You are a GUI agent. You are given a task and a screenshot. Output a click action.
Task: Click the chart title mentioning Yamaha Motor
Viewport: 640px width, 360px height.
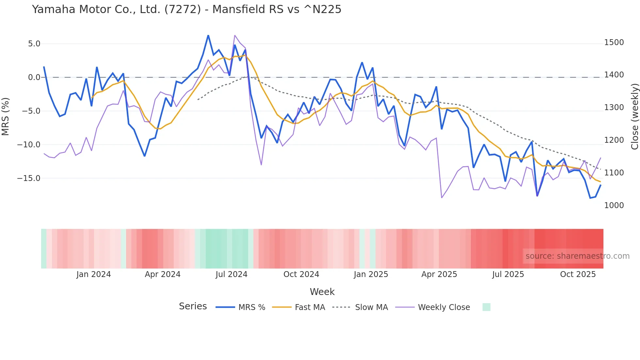[x=186, y=9]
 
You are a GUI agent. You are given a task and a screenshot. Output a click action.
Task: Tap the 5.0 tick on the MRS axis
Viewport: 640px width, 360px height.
[x=34, y=44]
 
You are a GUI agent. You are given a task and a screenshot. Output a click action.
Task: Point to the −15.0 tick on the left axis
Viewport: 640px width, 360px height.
[x=29, y=178]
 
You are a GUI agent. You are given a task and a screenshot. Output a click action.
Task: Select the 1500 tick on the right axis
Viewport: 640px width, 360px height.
[x=614, y=42]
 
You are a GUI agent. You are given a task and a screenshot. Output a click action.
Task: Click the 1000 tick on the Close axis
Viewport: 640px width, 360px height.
[x=614, y=205]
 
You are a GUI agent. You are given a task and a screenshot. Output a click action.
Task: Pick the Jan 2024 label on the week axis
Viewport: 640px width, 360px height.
[x=94, y=274]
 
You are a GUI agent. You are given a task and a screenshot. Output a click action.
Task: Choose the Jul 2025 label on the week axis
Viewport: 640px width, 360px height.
[x=508, y=274]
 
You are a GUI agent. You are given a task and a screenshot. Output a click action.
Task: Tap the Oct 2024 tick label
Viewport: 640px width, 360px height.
[x=301, y=274]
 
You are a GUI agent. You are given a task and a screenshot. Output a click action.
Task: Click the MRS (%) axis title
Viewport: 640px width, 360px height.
[x=6, y=116]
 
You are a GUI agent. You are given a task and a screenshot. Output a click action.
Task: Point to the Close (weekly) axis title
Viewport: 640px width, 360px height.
[x=634, y=116]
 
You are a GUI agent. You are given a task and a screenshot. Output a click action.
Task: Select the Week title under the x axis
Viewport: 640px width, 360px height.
[x=322, y=292]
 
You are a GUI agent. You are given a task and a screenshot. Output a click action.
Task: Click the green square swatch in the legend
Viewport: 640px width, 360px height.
[x=487, y=307]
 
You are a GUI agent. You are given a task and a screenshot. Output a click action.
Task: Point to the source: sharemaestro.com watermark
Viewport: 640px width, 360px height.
[x=577, y=256]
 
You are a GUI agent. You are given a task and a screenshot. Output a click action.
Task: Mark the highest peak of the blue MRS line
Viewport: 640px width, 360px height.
[x=208, y=35]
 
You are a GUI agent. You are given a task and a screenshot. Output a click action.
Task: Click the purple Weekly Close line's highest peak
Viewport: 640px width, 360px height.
[x=235, y=35]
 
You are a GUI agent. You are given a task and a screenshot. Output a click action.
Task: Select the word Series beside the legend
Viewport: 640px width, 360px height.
[x=193, y=306]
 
